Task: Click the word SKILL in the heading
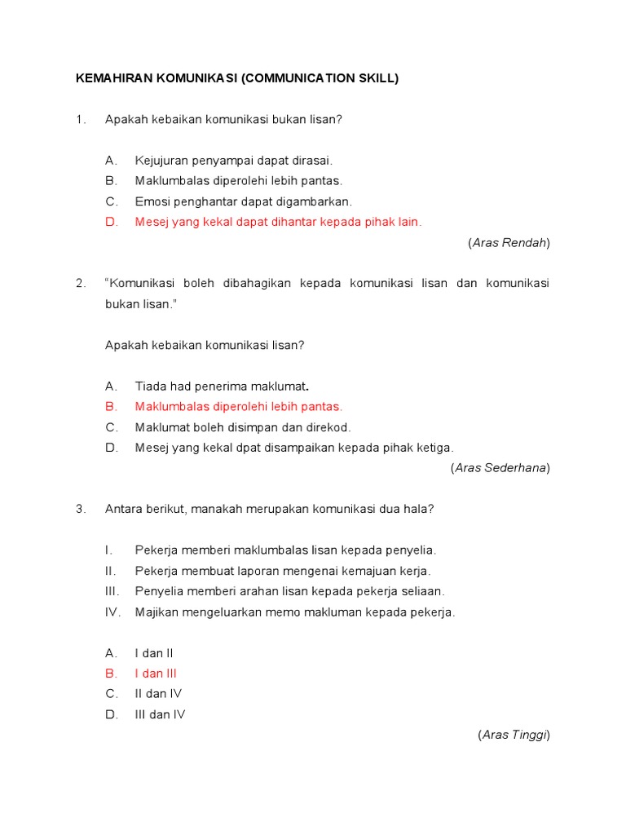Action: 376,78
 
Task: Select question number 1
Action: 80,119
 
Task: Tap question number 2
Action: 80,283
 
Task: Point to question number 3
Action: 80,509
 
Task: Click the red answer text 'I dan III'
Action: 156,674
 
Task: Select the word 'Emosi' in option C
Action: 152,201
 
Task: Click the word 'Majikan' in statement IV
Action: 157,612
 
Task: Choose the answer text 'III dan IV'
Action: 161,714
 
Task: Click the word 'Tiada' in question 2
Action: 151,386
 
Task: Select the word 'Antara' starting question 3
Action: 124,509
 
